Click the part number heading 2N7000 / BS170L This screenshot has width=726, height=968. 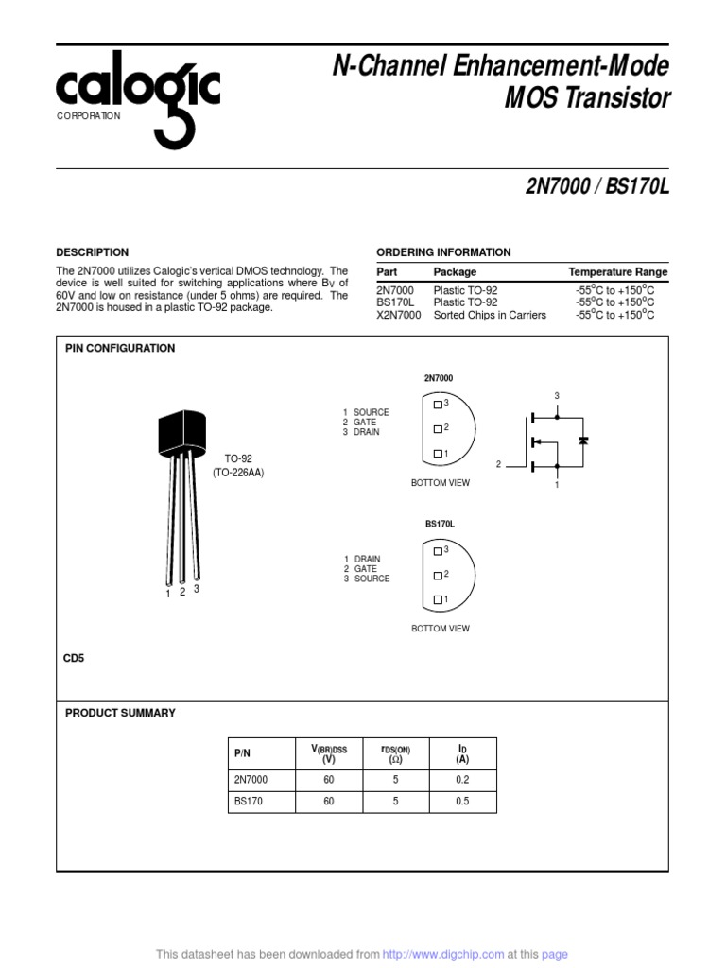point(597,187)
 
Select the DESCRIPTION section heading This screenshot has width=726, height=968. point(92,252)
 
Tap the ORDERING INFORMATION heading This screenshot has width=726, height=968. point(443,252)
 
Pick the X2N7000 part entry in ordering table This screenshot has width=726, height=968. point(398,315)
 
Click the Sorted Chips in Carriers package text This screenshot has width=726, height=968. point(490,315)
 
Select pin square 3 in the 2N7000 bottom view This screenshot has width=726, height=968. point(437,404)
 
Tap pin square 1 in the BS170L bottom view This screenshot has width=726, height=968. point(437,599)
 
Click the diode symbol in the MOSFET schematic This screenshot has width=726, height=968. point(583,441)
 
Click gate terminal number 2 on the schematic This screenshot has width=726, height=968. point(498,464)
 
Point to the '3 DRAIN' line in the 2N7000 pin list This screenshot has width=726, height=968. point(361,432)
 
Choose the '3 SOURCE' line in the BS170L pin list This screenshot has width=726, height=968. point(366,579)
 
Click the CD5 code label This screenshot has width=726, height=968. point(74,658)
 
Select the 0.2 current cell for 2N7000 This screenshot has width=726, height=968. point(461,781)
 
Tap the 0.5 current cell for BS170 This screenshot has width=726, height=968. point(461,802)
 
